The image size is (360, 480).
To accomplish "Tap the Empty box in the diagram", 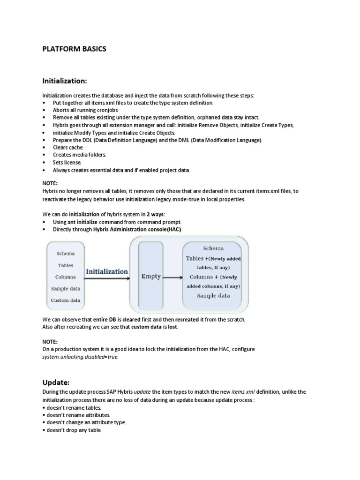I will click(151, 277).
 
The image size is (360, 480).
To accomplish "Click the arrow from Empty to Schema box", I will click(172, 277).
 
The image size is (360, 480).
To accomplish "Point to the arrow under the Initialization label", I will click(107, 278).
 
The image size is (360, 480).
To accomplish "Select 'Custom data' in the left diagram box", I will click(66, 300).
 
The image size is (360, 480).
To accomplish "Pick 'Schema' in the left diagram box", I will click(66, 254).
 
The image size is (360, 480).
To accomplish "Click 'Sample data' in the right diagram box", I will click(213, 296).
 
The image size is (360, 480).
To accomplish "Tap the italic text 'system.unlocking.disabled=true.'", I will click(80, 357).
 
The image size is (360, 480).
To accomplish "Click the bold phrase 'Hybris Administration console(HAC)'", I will click(137, 229).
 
